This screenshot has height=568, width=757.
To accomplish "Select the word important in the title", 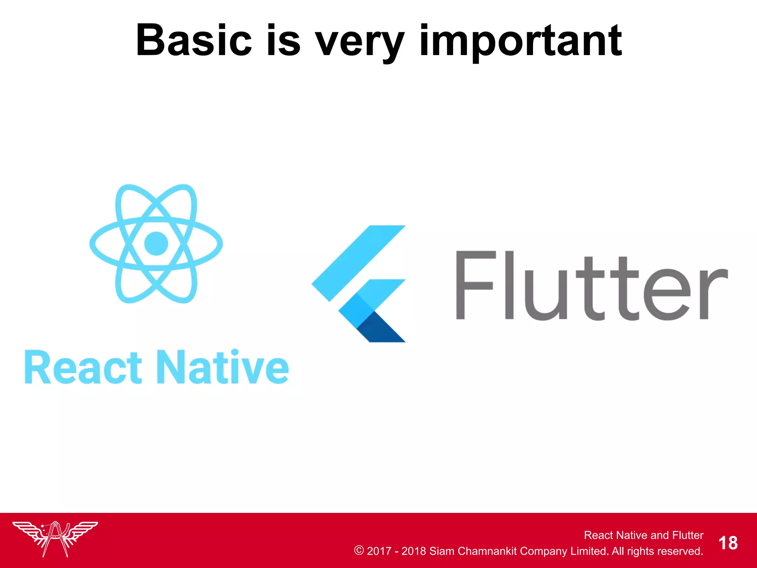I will [x=520, y=41].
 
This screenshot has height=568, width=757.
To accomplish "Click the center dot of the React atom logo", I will [x=156, y=243].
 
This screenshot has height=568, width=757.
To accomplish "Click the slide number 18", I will [x=728, y=543].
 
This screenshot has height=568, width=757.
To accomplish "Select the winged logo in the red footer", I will [x=55, y=538].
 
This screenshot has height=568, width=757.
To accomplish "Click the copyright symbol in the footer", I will [x=359, y=550].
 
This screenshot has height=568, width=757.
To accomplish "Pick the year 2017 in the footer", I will [x=379, y=551].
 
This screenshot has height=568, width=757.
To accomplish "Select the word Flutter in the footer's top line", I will [x=688, y=535].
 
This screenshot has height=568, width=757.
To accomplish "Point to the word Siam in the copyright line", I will [x=442, y=551].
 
